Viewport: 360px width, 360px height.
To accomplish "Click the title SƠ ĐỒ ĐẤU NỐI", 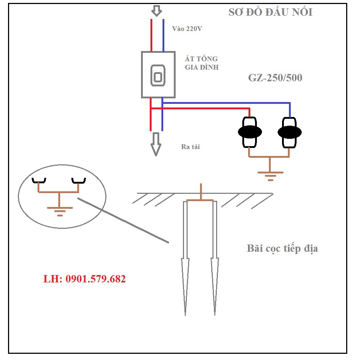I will coord(270,12).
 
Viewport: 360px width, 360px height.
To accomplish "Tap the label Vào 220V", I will coord(187,29).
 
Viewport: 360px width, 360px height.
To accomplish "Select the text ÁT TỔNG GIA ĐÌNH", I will coord(201,63).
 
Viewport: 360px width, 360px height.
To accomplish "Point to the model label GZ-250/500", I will coord(275,78).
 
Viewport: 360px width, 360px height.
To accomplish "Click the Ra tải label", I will coord(190,147).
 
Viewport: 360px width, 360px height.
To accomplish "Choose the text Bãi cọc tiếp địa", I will coord(282,249).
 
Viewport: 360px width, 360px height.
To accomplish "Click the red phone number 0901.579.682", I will coord(85,279).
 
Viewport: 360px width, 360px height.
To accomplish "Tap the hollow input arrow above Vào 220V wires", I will coord(157,11).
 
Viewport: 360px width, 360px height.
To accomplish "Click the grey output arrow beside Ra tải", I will coord(156,144).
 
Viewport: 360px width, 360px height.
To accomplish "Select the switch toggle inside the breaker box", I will coord(158,77).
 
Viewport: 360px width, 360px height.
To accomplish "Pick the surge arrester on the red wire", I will coord(250,132).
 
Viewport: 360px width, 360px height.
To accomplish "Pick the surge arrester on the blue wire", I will coord(290,132).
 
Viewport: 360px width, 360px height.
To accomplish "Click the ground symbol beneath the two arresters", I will coord(270,175).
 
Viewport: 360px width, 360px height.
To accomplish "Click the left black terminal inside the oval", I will coord(38,181).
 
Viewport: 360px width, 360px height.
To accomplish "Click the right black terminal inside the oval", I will coord(78,181).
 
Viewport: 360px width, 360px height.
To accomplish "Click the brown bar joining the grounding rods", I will coord(200,200).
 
